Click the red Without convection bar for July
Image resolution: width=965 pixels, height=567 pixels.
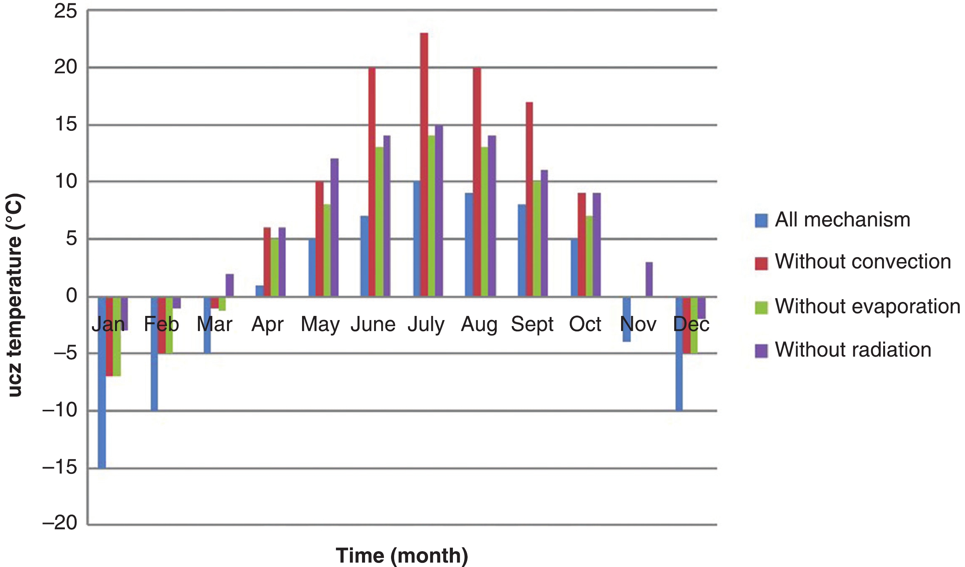[x=424, y=165]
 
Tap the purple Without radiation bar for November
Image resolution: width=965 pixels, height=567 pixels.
[x=649, y=279]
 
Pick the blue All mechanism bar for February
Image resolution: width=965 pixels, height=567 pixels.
[x=154, y=354]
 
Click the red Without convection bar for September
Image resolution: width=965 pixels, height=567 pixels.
[x=529, y=199]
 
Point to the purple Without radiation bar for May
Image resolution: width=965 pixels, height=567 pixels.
[x=334, y=227]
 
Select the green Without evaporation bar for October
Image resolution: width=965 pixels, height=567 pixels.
[x=589, y=256]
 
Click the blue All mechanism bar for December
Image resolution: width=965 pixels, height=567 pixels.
[x=679, y=354]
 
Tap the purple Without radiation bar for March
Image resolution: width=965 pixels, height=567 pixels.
[x=229, y=285]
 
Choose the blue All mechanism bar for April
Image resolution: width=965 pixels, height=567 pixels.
[x=259, y=291]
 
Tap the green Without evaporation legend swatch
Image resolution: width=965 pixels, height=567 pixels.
[x=761, y=307]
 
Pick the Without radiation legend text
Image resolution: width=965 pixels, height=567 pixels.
[x=853, y=349]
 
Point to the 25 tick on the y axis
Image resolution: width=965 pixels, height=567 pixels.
[x=66, y=11]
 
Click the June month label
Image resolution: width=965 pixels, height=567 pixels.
[x=373, y=324]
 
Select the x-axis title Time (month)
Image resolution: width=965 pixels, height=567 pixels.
[x=402, y=555]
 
